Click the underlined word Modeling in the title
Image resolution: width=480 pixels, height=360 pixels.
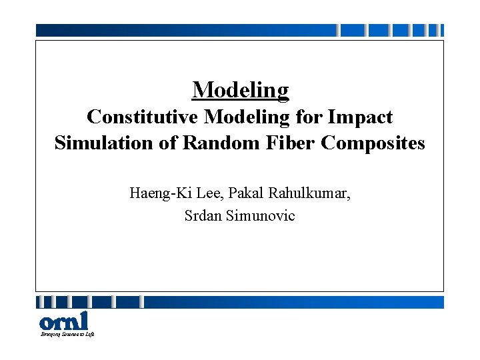pos(240,89)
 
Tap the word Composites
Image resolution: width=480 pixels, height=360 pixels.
pos(373,143)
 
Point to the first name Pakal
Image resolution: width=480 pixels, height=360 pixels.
pos(237,194)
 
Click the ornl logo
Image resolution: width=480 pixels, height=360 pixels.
pos(63,320)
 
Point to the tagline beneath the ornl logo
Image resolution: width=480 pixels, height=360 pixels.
pos(67,334)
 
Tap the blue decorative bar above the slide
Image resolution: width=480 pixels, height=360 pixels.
pos(187,30)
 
